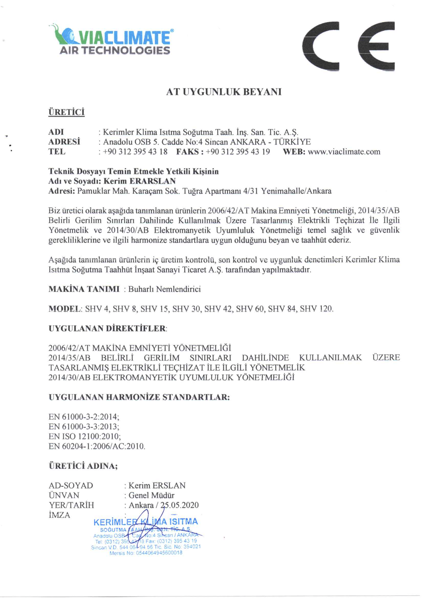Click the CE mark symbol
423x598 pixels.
[349, 46]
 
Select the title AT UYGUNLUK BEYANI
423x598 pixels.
[224, 92]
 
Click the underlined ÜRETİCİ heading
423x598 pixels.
[67, 112]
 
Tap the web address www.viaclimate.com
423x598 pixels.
[344, 151]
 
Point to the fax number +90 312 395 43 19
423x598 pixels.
[237, 151]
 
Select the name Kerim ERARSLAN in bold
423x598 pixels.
[140, 181]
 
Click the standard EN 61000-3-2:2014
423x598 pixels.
[84, 417]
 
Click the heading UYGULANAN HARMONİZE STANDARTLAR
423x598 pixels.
[139, 397]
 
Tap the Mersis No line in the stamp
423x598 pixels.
[146, 553]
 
